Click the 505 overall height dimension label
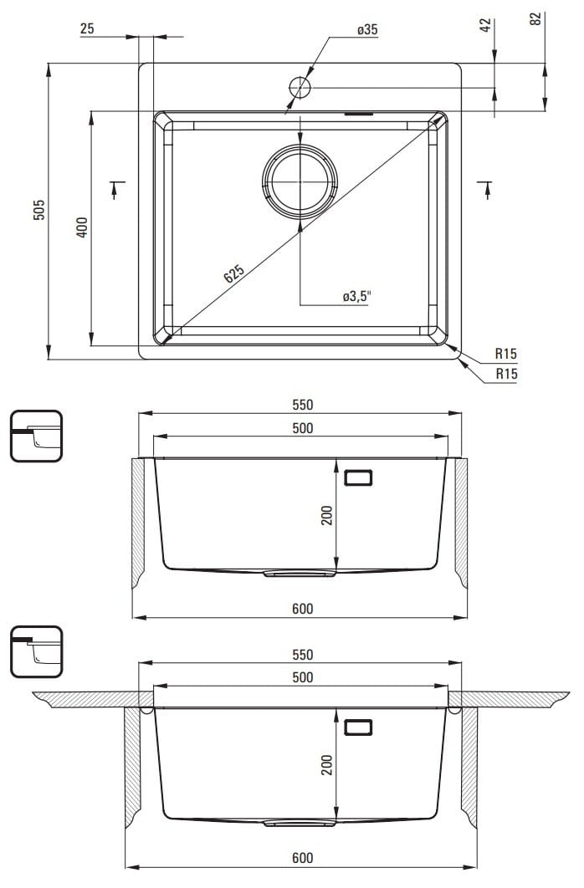point(38,210)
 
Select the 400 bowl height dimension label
point(82,227)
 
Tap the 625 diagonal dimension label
point(234,273)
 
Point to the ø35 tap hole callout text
point(367,29)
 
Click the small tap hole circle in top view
point(300,88)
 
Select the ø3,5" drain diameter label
point(357,296)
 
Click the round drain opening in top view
point(300,181)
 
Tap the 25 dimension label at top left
point(87,28)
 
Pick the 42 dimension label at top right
point(485,25)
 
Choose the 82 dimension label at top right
point(535,18)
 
